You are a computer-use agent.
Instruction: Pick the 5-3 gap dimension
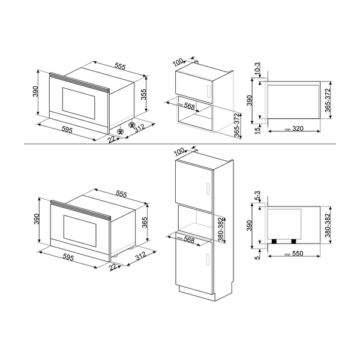tap(256, 197)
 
